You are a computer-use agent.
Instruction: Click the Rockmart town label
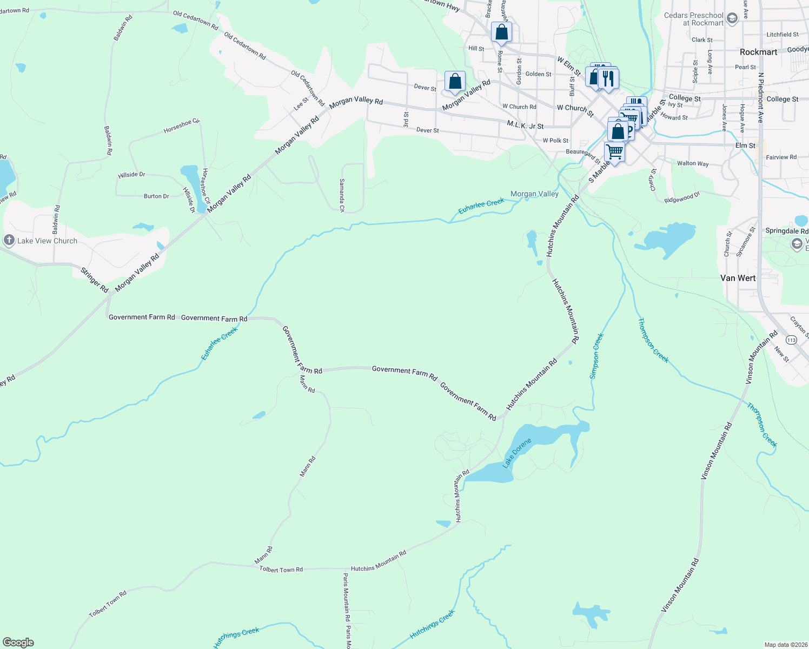point(758,52)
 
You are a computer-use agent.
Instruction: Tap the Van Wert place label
point(738,278)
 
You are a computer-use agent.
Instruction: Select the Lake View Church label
point(47,241)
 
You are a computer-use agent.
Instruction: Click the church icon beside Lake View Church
point(9,240)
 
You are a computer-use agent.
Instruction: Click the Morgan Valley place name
point(534,194)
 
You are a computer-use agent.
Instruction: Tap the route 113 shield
point(792,340)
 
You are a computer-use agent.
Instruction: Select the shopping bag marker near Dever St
point(455,82)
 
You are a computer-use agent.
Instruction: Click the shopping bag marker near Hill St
point(501,32)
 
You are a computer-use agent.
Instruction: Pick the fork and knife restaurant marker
point(609,78)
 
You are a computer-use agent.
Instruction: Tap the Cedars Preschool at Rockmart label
point(694,19)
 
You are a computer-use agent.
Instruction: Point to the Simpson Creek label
point(596,356)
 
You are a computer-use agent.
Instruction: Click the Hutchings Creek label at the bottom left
point(236,637)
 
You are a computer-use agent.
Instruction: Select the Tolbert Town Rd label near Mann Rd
point(281,569)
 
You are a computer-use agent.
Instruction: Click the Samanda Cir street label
point(342,195)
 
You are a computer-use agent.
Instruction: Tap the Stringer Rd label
point(95,280)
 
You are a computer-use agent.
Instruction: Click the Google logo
point(18,643)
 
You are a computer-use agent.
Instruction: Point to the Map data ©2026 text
point(784,645)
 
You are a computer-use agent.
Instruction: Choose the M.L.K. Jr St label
point(525,125)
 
